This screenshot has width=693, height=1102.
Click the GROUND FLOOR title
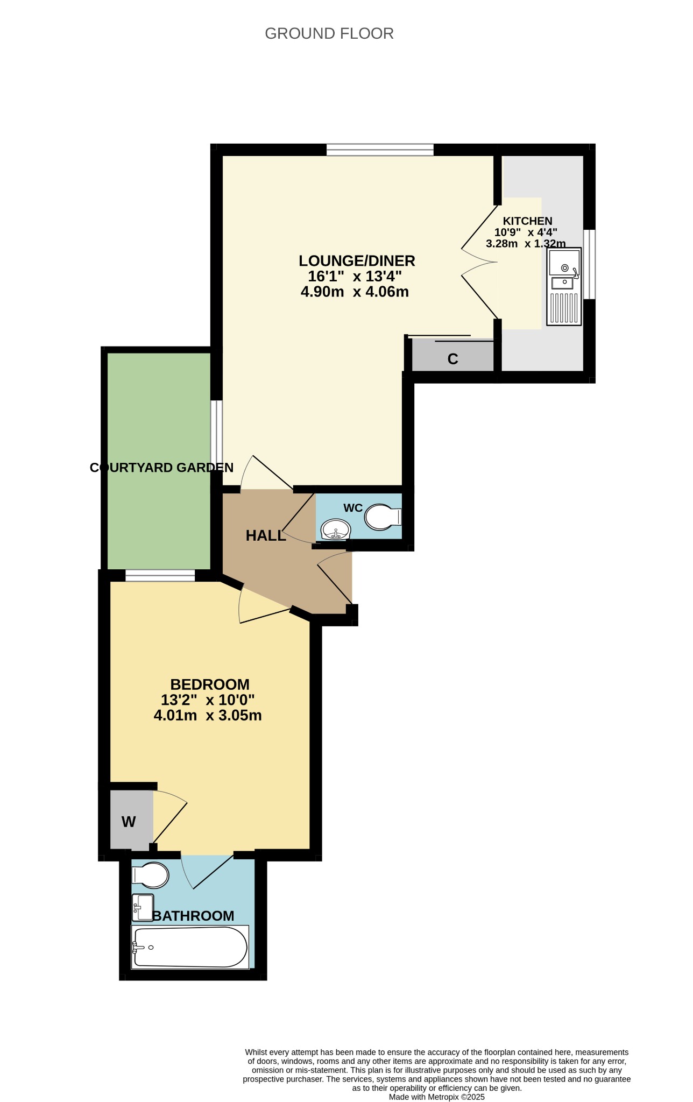329,33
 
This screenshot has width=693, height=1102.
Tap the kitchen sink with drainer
564,286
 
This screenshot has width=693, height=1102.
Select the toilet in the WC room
383,517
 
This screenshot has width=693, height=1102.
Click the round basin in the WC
336,529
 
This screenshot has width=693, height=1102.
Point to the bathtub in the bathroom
190,947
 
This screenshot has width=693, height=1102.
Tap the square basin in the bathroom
143,908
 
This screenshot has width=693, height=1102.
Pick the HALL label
266,536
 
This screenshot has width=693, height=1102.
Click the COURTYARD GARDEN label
161,468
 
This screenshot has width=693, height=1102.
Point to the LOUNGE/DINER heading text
357,261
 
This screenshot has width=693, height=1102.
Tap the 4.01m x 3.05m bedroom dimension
208,716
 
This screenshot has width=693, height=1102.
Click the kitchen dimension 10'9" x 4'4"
526,232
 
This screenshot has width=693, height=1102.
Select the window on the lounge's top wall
380,150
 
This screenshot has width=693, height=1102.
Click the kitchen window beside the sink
590,264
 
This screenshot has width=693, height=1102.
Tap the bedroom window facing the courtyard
160,576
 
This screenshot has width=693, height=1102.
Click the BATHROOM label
194,916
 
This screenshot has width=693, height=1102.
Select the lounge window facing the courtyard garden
216,436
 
